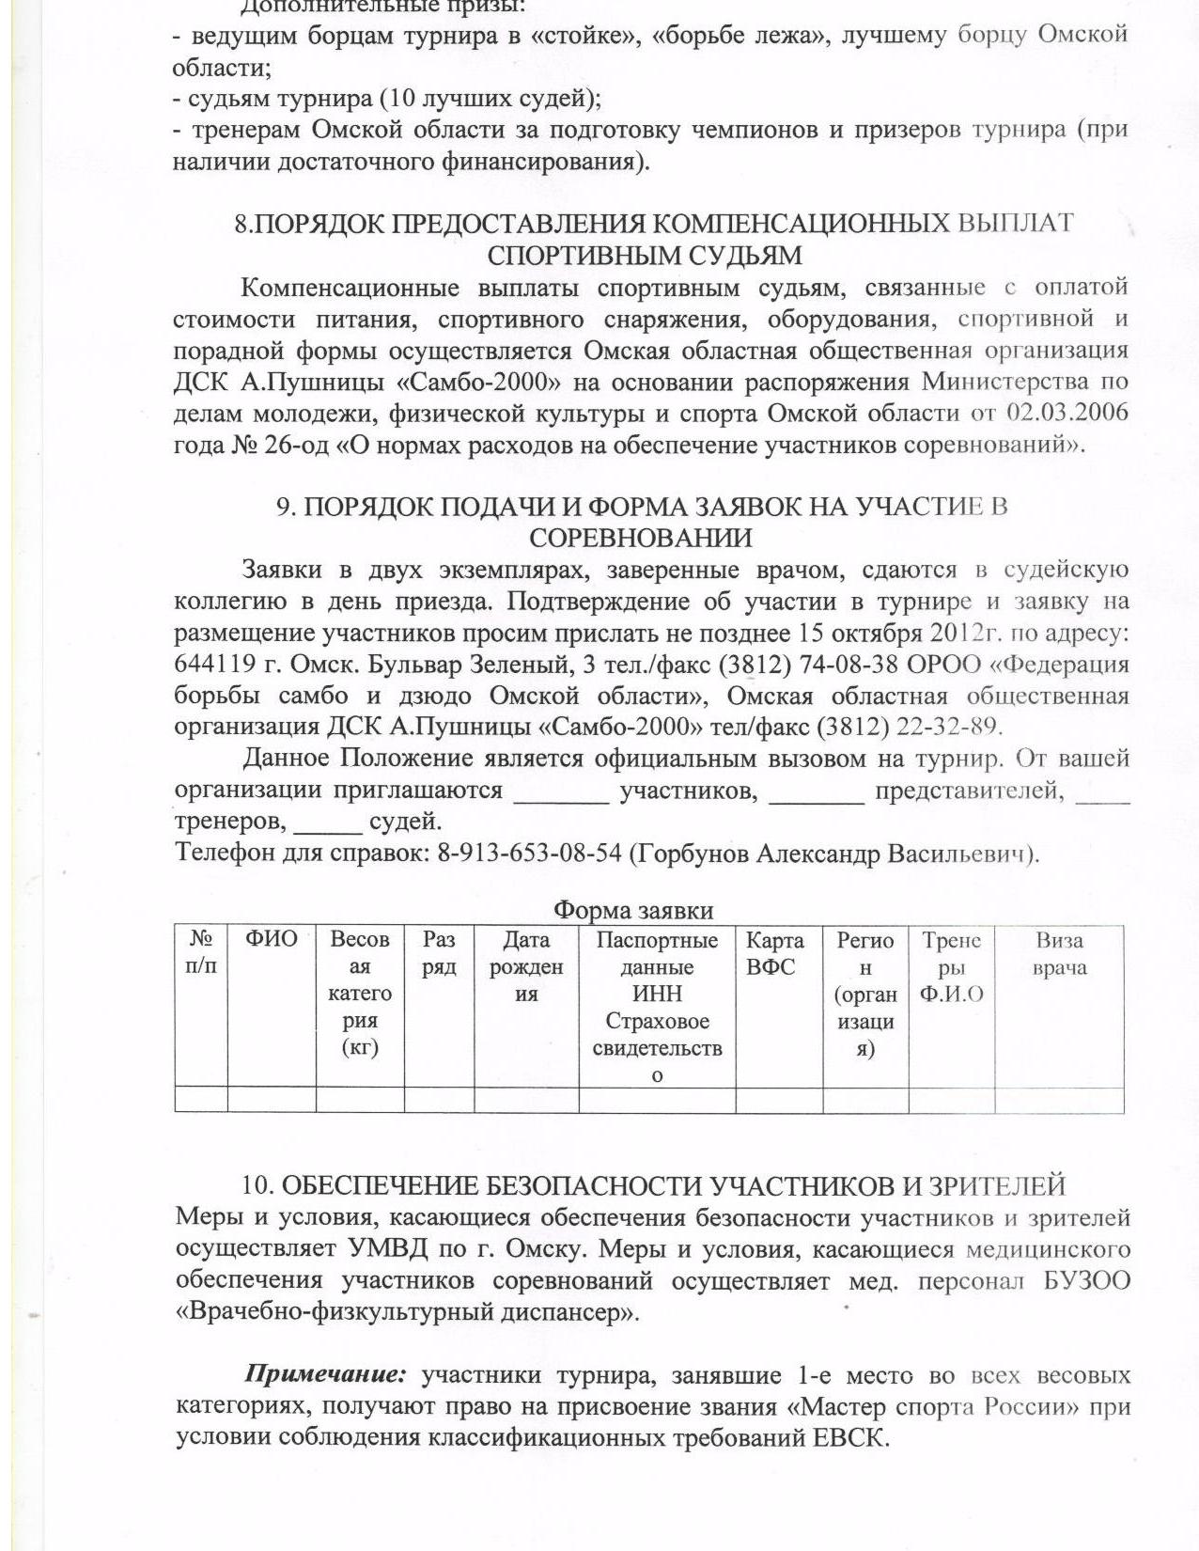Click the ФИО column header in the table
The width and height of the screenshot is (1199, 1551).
tap(271, 939)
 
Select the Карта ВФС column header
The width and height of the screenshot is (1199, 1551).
tap(774, 953)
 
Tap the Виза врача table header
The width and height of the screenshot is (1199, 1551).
tap(1059, 953)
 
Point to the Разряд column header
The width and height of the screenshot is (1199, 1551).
tap(439, 953)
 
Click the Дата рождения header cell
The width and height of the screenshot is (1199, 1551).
tap(526, 966)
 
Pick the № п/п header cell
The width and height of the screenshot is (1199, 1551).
tap(201, 952)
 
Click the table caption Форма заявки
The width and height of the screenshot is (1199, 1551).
tap(632, 910)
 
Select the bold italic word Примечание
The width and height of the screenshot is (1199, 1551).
tap(325, 1375)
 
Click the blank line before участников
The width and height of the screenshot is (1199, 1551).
tap(561, 799)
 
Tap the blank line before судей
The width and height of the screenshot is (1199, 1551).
tap(328, 830)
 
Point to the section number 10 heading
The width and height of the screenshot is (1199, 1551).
tap(256, 1186)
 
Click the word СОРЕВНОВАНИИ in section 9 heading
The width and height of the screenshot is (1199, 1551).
tap(641, 538)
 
